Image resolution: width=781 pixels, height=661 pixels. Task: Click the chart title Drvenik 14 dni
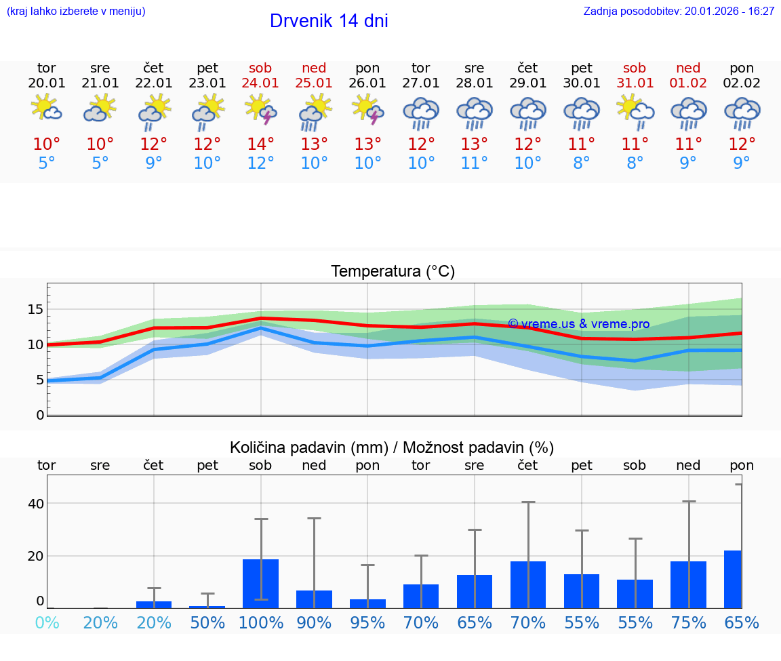[329, 21]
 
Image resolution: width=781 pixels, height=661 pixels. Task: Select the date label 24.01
[260, 83]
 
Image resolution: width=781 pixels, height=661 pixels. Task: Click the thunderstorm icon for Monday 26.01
[367, 110]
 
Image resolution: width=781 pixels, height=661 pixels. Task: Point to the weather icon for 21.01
[100, 108]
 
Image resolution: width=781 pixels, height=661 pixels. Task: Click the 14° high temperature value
[260, 144]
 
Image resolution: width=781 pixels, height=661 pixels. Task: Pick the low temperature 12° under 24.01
[260, 163]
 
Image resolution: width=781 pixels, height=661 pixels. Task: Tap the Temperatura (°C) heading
[393, 272]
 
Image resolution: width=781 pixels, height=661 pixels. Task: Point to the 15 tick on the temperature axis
[35, 309]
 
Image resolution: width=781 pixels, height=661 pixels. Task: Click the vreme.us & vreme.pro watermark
[578, 324]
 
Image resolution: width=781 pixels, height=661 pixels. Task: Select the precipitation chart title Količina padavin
[392, 447]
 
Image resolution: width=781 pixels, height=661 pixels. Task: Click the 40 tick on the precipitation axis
[35, 504]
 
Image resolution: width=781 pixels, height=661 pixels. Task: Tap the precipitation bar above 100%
[261, 584]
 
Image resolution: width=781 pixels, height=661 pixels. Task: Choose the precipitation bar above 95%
[368, 603]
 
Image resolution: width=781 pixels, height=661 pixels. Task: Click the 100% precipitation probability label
[260, 623]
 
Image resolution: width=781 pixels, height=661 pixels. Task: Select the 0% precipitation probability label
[47, 623]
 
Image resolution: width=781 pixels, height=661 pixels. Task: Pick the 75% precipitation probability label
[688, 623]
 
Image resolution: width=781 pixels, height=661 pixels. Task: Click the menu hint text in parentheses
[76, 12]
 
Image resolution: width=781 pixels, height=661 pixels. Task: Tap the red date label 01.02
[688, 83]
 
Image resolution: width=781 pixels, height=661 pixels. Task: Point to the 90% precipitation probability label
[314, 623]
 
